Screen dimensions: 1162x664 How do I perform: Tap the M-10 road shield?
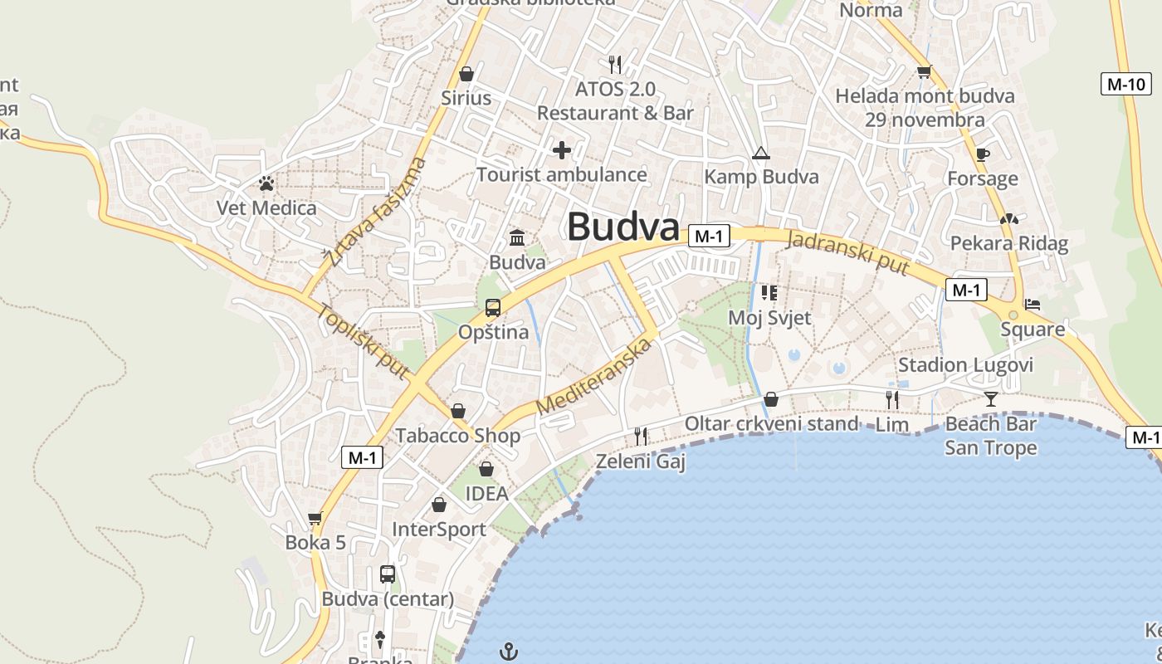(x=1125, y=83)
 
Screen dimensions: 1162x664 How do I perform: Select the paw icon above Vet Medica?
(x=266, y=183)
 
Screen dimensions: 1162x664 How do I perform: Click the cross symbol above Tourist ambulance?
(x=562, y=150)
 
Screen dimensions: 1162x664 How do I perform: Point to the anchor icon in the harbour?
(x=509, y=652)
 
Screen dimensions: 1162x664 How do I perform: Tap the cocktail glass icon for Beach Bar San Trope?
(x=991, y=399)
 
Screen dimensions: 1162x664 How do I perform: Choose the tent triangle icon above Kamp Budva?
(x=760, y=154)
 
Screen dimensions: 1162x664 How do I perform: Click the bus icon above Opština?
(x=493, y=308)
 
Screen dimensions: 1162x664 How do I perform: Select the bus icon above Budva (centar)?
(x=388, y=574)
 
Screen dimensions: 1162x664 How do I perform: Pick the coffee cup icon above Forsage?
(x=983, y=154)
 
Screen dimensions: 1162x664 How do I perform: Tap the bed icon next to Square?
(x=1033, y=305)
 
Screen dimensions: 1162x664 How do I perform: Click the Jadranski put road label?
(x=847, y=252)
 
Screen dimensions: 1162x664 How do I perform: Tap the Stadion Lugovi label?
(x=965, y=365)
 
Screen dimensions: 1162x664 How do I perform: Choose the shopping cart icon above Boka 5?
(x=315, y=519)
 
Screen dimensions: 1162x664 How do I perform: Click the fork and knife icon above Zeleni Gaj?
(x=641, y=436)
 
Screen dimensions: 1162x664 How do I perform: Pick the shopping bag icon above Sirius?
(x=466, y=74)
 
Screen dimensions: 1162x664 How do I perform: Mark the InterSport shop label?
(x=438, y=530)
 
